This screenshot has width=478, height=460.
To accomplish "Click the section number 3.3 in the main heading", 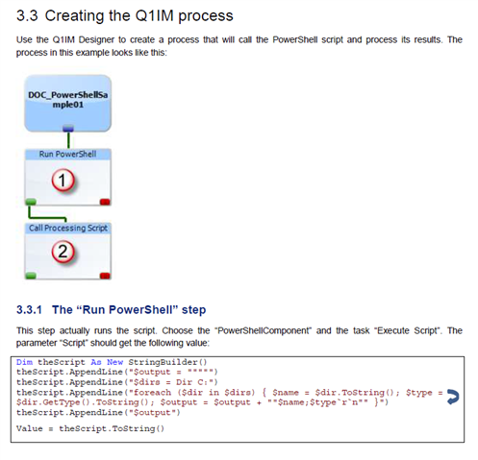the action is click(x=27, y=15).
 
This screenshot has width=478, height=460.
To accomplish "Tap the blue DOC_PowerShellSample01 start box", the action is click(x=68, y=103).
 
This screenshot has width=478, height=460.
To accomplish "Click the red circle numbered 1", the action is click(x=63, y=181).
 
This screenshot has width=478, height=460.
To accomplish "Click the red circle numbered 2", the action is click(x=63, y=252).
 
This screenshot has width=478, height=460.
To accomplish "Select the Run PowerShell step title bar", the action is click(x=68, y=154).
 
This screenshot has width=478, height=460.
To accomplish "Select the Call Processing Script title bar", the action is click(x=68, y=228).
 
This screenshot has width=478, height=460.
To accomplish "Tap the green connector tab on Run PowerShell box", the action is click(x=31, y=202).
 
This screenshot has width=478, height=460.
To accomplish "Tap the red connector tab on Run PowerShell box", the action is click(x=105, y=202).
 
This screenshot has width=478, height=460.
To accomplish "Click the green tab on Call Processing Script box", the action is click(x=31, y=276).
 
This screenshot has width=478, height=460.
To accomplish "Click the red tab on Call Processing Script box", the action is click(x=105, y=276).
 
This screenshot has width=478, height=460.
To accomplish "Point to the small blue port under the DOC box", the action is click(x=68, y=129).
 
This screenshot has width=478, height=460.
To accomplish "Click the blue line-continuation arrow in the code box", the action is click(x=453, y=397).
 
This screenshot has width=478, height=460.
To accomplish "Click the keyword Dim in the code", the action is click(x=24, y=362).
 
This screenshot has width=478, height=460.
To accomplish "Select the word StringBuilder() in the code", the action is click(x=167, y=362).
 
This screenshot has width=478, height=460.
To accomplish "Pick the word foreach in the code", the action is click(x=152, y=393).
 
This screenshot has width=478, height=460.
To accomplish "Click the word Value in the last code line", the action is click(x=30, y=428).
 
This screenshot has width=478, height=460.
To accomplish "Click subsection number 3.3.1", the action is click(x=29, y=310).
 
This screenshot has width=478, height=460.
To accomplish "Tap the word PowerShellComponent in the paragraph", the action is click(x=264, y=330).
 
